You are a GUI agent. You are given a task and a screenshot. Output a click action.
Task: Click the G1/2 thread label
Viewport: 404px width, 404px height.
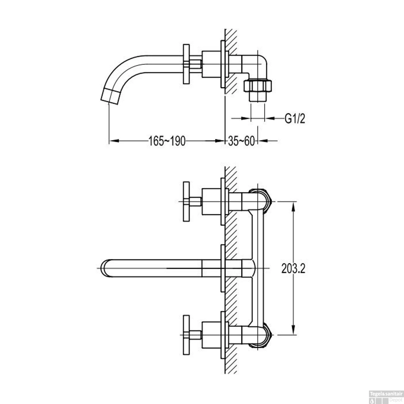[x=295, y=118]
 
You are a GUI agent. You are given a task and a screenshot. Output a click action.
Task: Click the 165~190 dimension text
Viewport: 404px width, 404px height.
[x=167, y=141]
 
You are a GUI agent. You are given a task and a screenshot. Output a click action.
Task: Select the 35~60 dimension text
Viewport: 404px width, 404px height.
[x=241, y=141]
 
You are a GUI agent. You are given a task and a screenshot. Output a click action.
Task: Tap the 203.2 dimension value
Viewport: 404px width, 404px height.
[x=293, y=269]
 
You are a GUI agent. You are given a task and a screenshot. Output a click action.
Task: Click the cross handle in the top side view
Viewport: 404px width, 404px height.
[x=186, y=64]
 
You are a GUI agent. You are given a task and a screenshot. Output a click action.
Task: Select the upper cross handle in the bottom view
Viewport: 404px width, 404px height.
[x=186, y=201]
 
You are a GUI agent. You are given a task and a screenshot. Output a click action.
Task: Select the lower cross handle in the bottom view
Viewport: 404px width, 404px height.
[x=186, y=335]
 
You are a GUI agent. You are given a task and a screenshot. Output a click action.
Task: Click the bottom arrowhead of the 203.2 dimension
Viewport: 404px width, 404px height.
[x=293, y=331]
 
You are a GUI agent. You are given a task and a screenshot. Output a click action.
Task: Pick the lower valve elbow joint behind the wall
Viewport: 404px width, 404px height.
[x=260, y=335]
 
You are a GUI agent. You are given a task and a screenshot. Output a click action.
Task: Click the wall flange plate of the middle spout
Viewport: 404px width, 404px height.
[x=223, y=268]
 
